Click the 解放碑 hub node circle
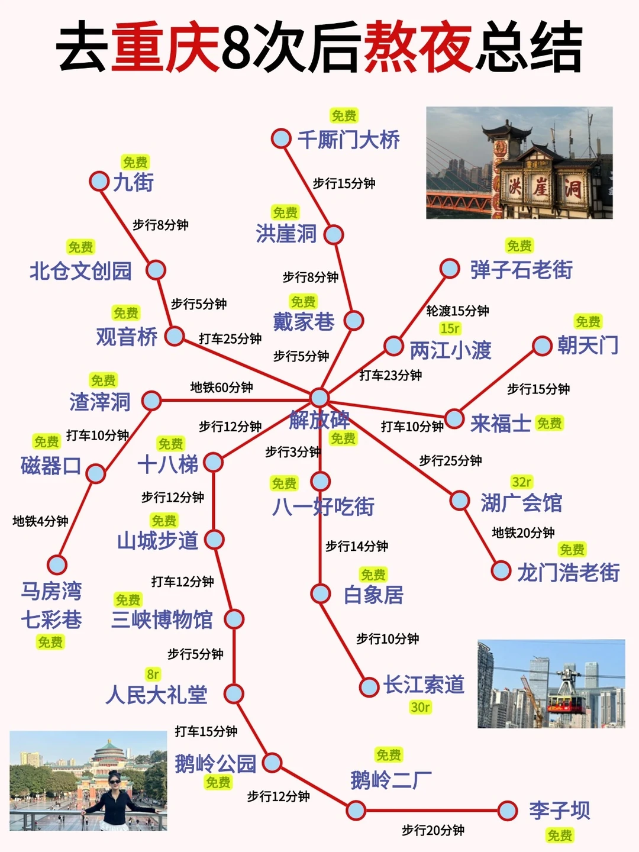click(x=319, y=397)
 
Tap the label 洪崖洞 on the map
click(x=286, y=234)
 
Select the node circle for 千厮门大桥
click(x=280, y=139)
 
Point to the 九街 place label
click(x=134, y=182)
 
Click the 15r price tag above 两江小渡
click(x=450, y=328)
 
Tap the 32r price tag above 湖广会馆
click(x=522, y=482)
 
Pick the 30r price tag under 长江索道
click(x=420, y=707)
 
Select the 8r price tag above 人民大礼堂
click(x=153, y=674)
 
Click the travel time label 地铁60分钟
click(x=221, y=388)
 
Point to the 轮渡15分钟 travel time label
click(x=457, y=311)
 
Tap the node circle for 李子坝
click(x=507, y=811)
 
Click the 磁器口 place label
click(x=50, y=466)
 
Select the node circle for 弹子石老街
click(x=450, y=268)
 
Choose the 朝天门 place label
click(x=588, y=346)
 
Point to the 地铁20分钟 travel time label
click(x=523, y=532)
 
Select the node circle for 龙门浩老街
click(x=501, y=571)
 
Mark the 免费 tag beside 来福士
click(x=549, y=423)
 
